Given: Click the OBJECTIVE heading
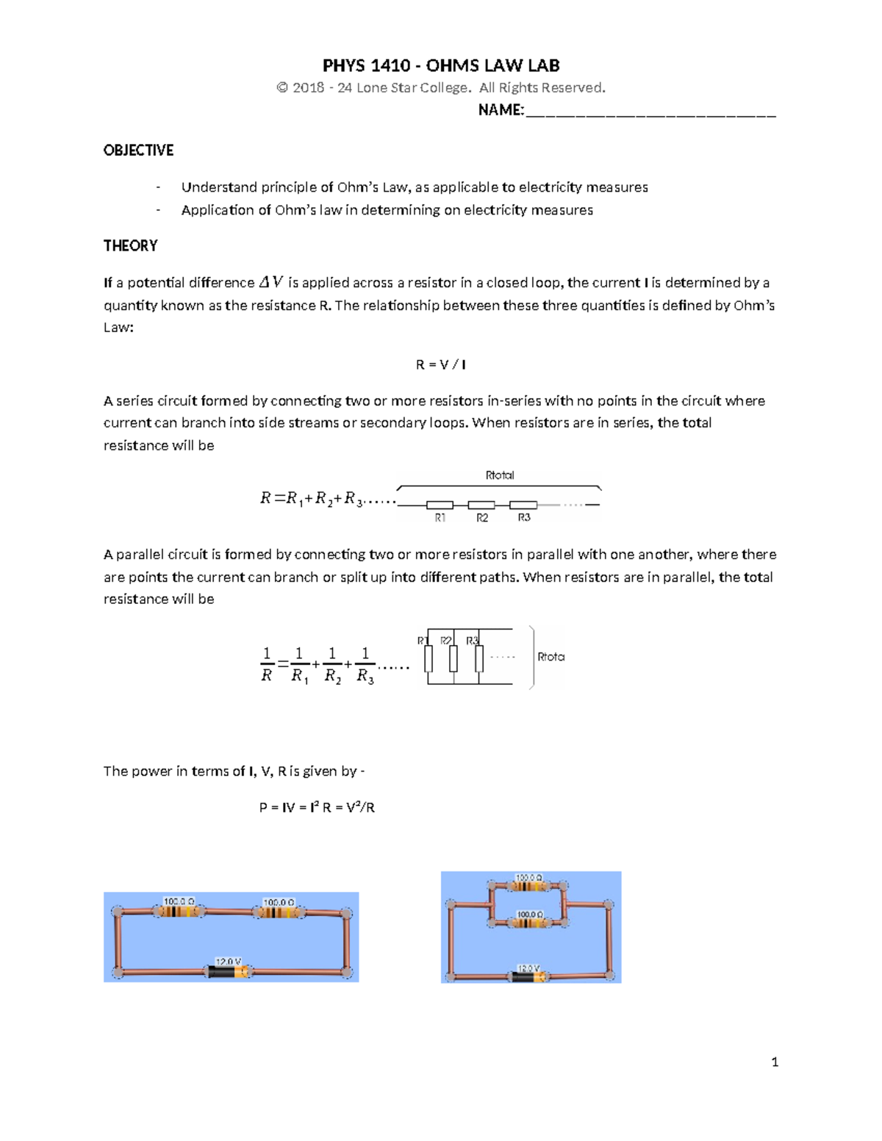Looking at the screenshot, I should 138,151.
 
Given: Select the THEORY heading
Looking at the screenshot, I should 130,246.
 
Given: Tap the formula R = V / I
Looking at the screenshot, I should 440,364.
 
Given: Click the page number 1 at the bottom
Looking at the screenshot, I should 775,1062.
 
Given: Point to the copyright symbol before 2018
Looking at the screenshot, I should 282,88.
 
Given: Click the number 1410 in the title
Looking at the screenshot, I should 390,66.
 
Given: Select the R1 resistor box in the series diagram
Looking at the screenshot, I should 440,505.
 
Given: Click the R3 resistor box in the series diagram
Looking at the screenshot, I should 523,505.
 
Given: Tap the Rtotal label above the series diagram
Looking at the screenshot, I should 500,475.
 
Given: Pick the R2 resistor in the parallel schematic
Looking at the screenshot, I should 453,658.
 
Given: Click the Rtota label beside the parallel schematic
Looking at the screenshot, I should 551,657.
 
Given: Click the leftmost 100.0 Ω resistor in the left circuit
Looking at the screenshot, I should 179,912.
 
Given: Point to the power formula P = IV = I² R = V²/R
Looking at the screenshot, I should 317,807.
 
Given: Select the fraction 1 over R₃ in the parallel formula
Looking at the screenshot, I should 365,665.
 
